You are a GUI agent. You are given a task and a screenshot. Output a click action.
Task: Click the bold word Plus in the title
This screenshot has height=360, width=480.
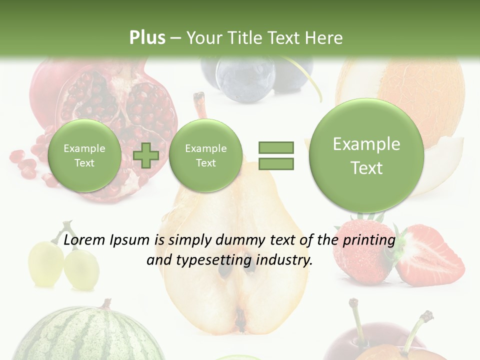(x=147, y=37)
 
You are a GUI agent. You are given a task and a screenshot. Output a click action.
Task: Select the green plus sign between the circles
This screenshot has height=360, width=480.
(x=146, y=155)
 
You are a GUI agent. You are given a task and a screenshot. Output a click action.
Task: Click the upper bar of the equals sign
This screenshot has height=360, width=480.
(x=276, y=147)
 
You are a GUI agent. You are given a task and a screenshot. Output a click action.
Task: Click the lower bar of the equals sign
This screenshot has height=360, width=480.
(x=276, y=163)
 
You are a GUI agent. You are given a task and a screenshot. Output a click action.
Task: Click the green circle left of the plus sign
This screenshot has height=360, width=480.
(x=84, y=155)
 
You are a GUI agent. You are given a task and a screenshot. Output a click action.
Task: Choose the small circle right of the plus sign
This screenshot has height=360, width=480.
(x=205, y=155)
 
